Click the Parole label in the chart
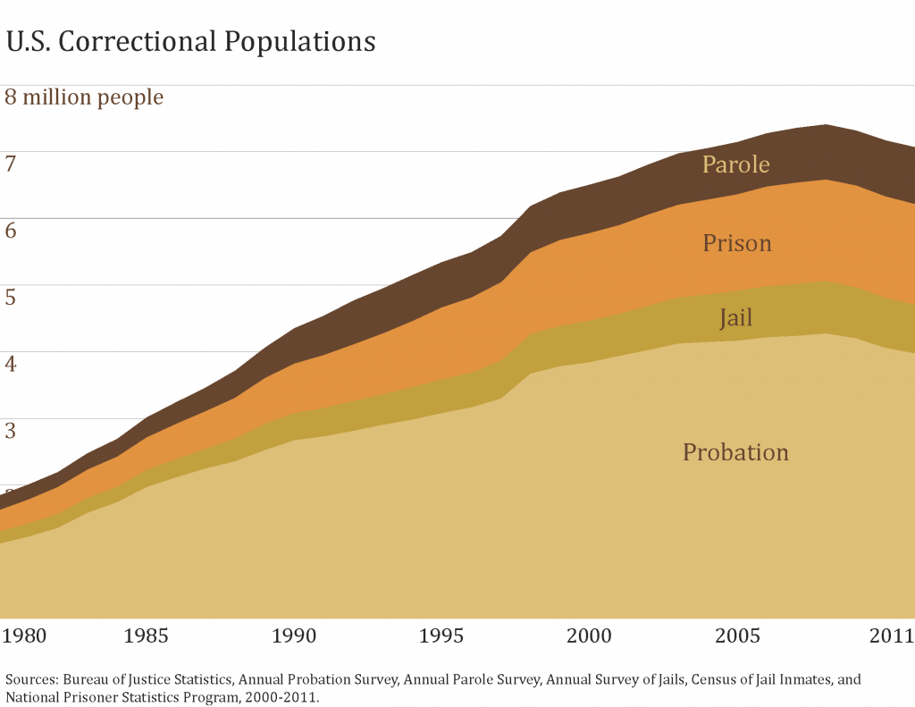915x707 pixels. (735, 164)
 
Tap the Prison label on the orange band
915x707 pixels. (736, 243)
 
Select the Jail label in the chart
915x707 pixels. (736, 318)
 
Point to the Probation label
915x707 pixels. (735, 452)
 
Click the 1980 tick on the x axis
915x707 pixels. (24, 636)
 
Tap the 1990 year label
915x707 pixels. (294, 636)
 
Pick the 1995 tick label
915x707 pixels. (441, 636)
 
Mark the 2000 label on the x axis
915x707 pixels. (590, 636)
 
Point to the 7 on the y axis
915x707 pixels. (11, 164)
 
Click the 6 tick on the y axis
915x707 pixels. (11, 231)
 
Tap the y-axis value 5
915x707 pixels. (11, 298)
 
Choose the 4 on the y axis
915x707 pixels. (11, 365)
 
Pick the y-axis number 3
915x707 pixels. (11, 432)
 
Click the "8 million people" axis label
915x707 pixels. (85, 97)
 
